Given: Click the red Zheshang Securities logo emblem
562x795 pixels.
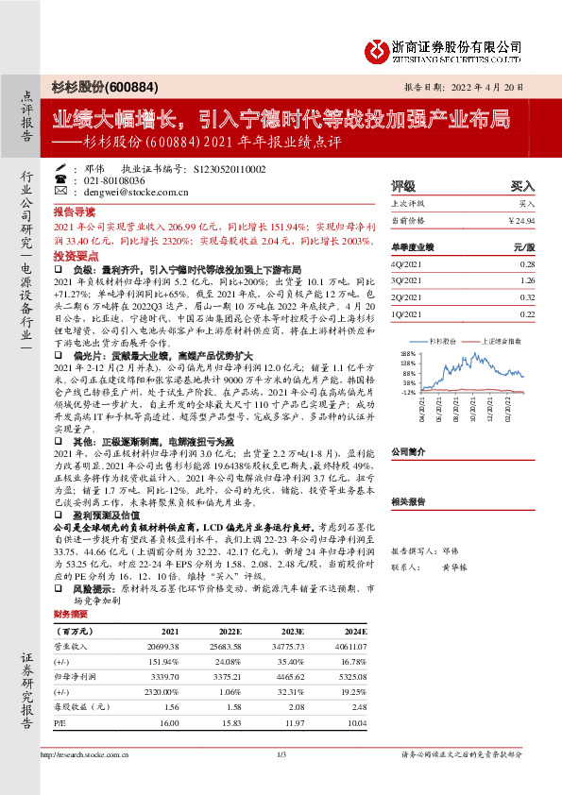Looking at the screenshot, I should (377, 48).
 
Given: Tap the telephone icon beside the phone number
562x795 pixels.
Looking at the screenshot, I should (60, 178).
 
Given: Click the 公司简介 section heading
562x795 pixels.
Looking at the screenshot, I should (410, 451).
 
